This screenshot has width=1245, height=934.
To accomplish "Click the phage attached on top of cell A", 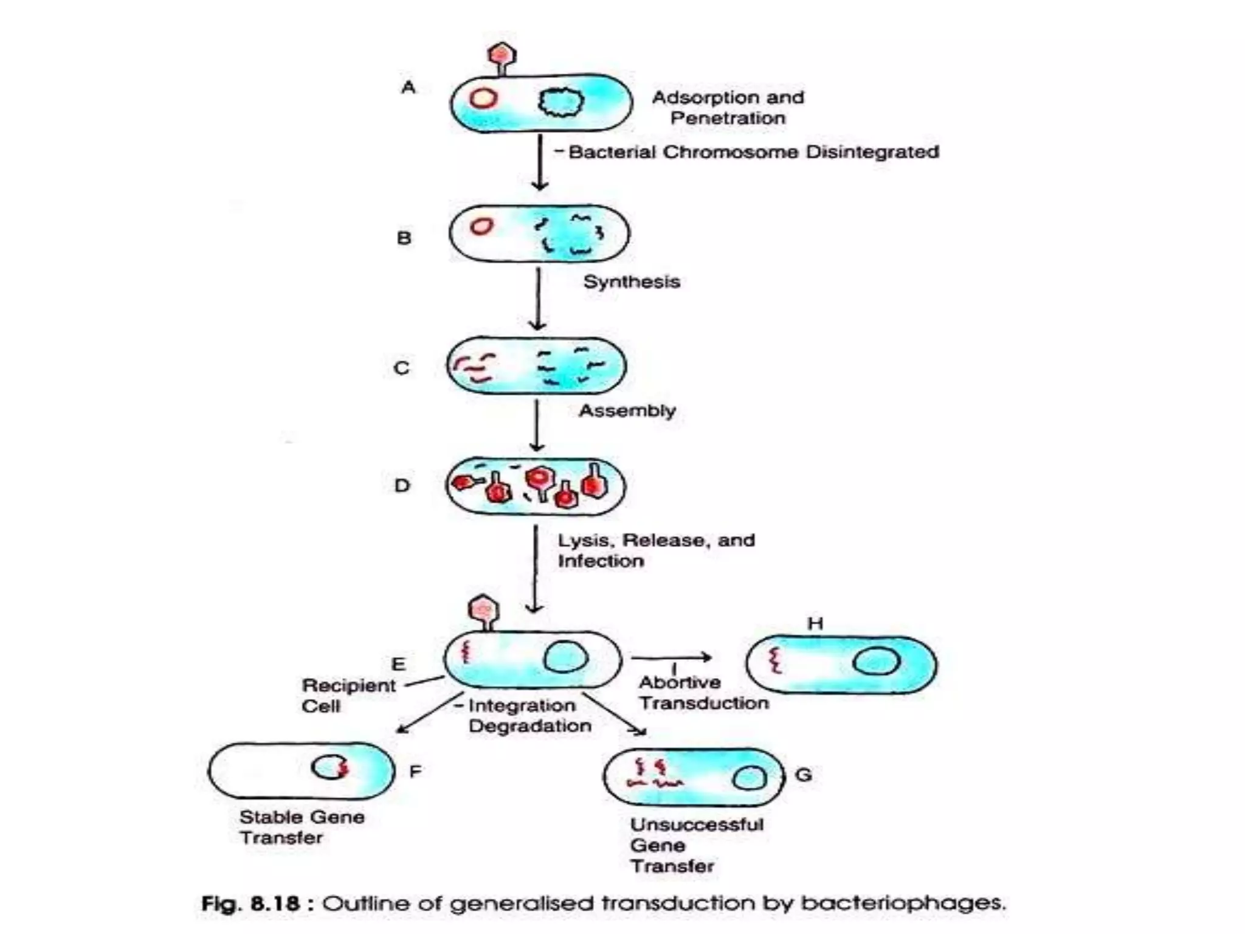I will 502,57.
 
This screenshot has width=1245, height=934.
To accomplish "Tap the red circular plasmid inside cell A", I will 483,98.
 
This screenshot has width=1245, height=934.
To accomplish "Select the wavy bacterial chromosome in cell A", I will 560,102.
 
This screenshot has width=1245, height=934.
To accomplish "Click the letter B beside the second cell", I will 404,238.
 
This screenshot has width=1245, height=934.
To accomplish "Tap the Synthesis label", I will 631,282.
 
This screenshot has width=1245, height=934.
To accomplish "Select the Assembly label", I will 627,410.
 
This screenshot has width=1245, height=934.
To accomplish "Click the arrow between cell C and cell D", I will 536,425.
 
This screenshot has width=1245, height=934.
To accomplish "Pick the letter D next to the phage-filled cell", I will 402,485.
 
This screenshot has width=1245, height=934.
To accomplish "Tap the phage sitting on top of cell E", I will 484,611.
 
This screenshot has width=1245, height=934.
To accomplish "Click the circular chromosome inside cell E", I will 565,658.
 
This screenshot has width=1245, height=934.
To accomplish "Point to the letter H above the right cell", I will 815,623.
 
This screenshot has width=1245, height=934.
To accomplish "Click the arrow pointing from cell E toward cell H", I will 671,657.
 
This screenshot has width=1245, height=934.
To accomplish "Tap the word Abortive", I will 680,682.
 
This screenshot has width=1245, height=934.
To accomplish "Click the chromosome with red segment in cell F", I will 330,767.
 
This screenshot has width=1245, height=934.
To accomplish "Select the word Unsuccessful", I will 697,825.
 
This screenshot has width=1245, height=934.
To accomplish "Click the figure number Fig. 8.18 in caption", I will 250,904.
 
